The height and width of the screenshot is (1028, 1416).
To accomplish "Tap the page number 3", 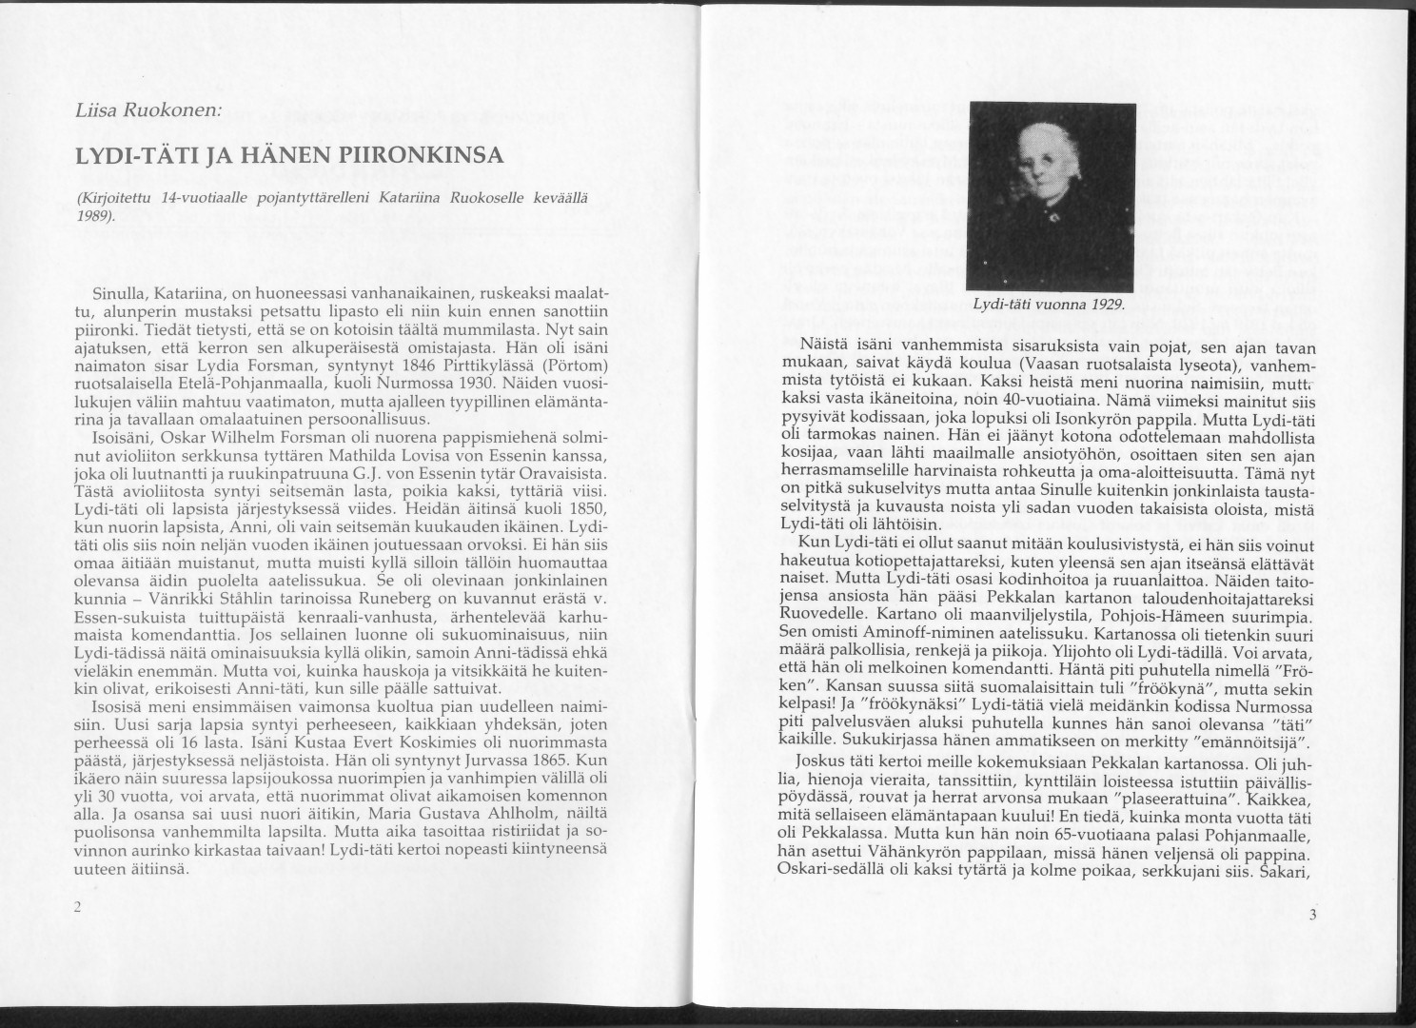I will [x=1310, y=916].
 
